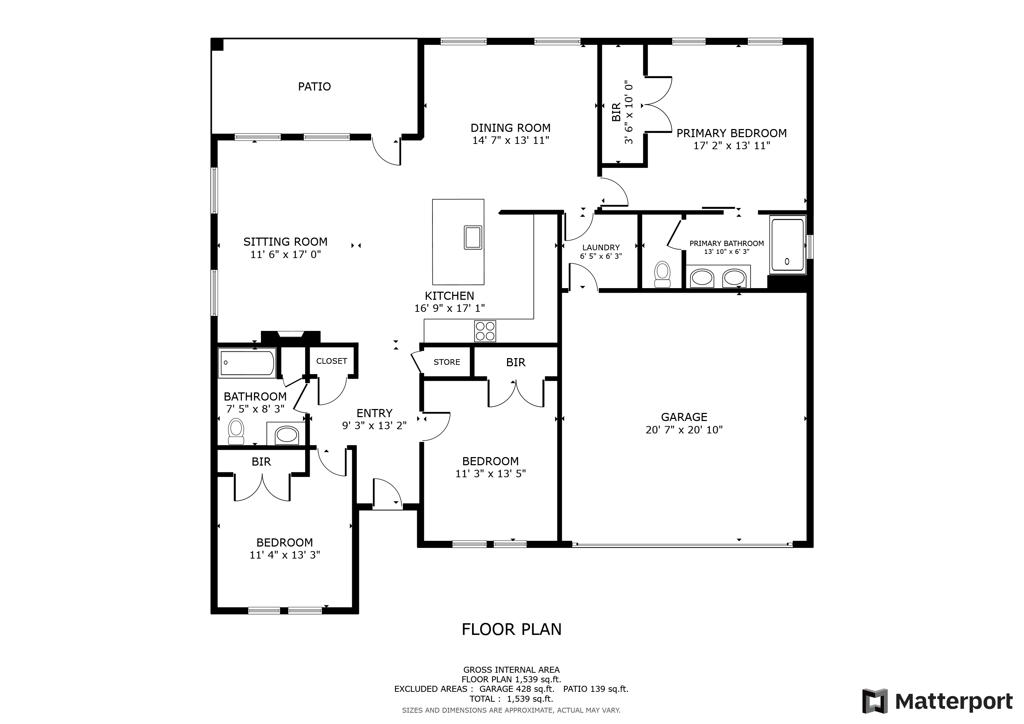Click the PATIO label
click(314, 87)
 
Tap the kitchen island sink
click(473, 237)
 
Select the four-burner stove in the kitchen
click(485, 331)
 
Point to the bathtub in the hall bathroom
click(247, 363)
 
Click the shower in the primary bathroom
click(787, 245)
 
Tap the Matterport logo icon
click(875, 701)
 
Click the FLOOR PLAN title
click(512, 629)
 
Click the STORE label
click(447, 362)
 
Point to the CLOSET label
click(331, 361)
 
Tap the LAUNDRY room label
click(601, 247)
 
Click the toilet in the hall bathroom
click(236, 432)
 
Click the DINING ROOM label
click(511, 128)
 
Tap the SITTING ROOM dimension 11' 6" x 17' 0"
click(286, 255)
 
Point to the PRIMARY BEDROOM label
click(732, 133)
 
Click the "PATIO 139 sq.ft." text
click(596, 689)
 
